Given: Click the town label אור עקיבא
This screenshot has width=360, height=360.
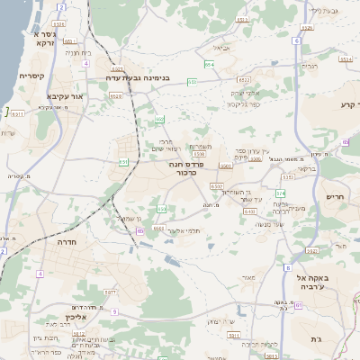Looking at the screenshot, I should click(x=64, y=96).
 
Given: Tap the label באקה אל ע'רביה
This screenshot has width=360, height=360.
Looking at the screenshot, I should click(x=338, y=283).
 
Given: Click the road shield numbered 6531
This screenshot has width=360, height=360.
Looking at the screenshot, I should click(x=17, y=114).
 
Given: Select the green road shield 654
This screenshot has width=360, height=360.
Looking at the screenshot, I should click(x=209, y=65).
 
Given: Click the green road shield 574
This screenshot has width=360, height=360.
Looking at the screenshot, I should click(x=281, y=193).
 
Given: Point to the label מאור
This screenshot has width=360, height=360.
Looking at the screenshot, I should click(x=246, y=278).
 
